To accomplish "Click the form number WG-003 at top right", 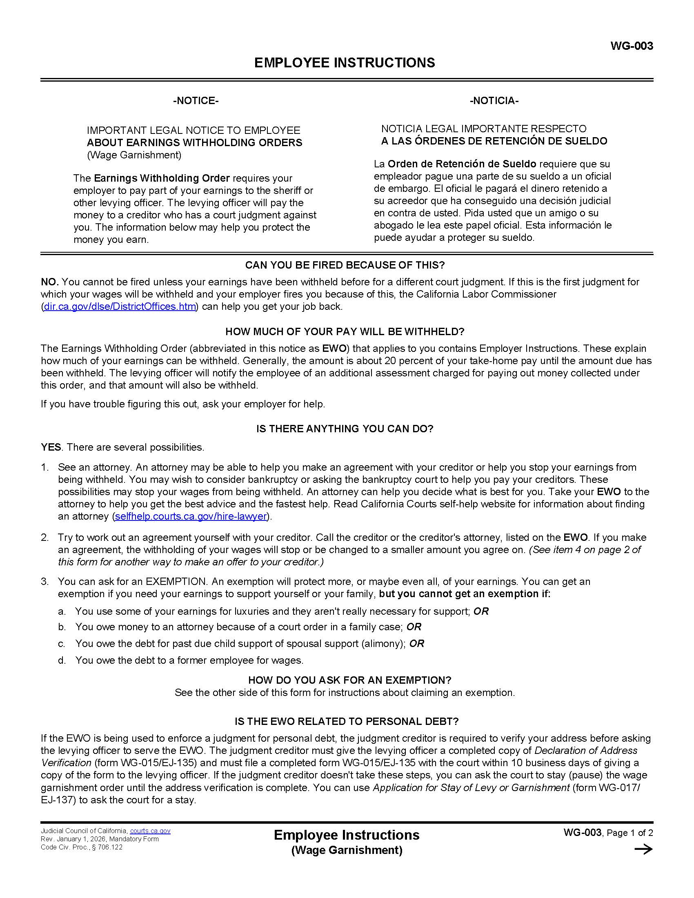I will tap(631, 46).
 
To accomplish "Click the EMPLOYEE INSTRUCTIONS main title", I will tap(345, 62).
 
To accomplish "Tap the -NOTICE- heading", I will tap(196, 101).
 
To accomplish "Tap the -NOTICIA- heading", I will tap(494, 101).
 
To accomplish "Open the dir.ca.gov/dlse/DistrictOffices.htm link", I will tap(120, 307).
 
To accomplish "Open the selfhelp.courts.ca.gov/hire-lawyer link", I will tap(191, 516).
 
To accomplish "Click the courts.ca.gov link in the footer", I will tap(150, 831).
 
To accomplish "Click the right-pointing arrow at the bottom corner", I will tap(643, 849).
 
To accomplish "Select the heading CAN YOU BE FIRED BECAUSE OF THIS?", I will tap(345, 265).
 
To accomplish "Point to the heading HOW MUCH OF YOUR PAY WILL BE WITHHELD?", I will tap(345, 332).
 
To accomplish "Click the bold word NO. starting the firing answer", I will tap(50, 282).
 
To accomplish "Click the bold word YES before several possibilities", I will tap(51, 447).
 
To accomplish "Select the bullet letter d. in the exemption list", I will tap(62, 661).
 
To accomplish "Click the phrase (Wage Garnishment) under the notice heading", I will tap(133, 155).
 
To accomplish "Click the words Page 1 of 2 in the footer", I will tap(629, 833).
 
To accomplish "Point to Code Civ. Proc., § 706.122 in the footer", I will tap(81, 847).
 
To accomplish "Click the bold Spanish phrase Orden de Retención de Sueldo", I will tap(462, 164).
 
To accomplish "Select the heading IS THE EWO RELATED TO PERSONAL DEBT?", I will tap(346, 722).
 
